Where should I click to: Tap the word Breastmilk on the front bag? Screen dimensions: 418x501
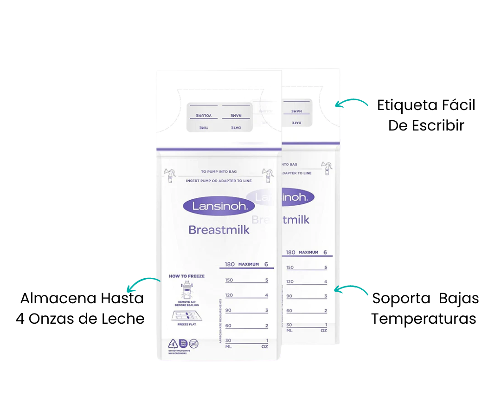pos(218,229)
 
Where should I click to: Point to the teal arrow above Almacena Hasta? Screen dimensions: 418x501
pos(144,282)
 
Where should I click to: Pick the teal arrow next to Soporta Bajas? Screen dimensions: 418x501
pos(350,290)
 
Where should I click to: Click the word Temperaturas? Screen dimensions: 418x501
pos(424,319)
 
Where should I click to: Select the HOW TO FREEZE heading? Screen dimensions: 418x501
pos(186,276)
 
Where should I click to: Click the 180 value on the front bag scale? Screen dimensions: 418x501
pos(230,264)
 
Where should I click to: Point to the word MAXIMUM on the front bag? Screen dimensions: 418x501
pos(248,264)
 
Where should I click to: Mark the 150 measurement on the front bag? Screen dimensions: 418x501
pos(229,280)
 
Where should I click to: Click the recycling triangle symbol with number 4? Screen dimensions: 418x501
pos(173,344)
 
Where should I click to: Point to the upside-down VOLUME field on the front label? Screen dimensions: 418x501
pos(203,115)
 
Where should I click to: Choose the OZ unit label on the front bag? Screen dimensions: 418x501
pos(264,346)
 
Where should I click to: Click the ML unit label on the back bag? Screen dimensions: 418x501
pos(289,330)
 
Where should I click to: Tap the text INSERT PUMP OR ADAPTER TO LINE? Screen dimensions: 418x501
pos(219,180)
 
